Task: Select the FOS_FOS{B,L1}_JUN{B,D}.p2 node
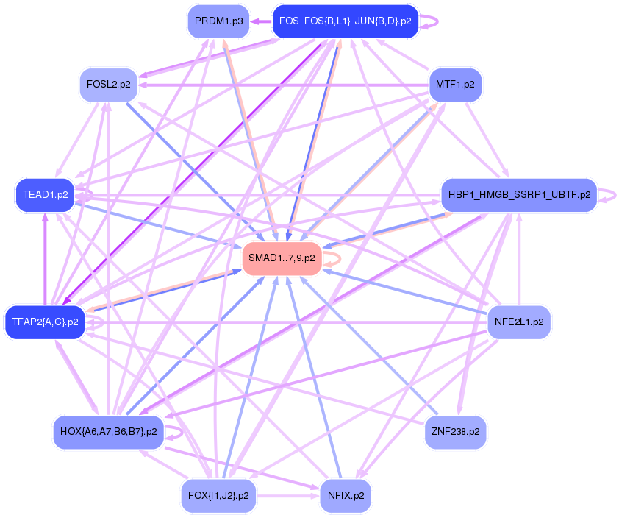tap(345, 21)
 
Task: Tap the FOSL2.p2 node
tap(108, 85)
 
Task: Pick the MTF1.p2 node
tap(454, 85)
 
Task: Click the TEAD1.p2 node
tap(46, 195)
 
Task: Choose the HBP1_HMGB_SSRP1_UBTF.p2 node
tap(518, 195)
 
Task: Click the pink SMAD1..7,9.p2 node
tap(282, 258)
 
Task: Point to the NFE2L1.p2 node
tap(519, 322)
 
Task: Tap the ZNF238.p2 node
tap(455, 432)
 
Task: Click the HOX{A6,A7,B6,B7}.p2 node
tap(108, 432)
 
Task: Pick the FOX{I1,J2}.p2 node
tap(218, 495)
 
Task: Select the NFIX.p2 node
tap(346, 495)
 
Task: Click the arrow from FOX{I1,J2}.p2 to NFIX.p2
tap(287, 496)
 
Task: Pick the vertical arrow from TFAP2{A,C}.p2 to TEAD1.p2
tap(46, 258)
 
